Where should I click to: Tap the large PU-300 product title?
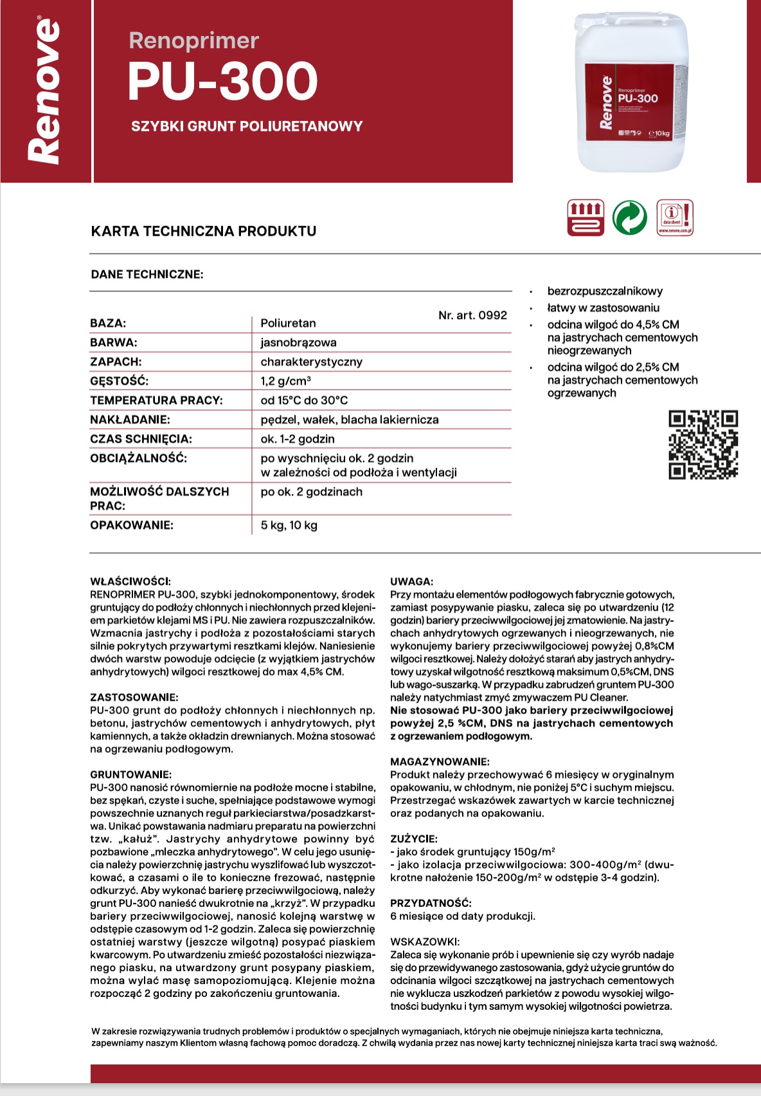point(222,82)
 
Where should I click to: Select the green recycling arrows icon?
point(630,218)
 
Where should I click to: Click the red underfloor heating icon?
point(586,218)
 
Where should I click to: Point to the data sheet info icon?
point(675,218)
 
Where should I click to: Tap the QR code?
point(703,444)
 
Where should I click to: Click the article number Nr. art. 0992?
point(472,315)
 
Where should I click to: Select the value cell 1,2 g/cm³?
point(286,381)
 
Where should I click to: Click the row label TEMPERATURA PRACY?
point(156,400)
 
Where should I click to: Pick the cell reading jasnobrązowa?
point(298,342)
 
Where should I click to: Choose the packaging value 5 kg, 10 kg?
point(289,525)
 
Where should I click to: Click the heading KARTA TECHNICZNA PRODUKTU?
point(204,231)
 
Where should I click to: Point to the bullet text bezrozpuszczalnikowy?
point(605,291)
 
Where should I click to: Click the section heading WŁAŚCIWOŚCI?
point(130,581)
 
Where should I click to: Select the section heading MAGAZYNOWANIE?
point(440,762)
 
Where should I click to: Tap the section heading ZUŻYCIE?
point(413,839)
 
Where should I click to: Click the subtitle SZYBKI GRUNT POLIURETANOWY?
point(247,126)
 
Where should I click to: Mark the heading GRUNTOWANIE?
point(130,774)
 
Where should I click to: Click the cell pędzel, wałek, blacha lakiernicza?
point(350,419)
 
